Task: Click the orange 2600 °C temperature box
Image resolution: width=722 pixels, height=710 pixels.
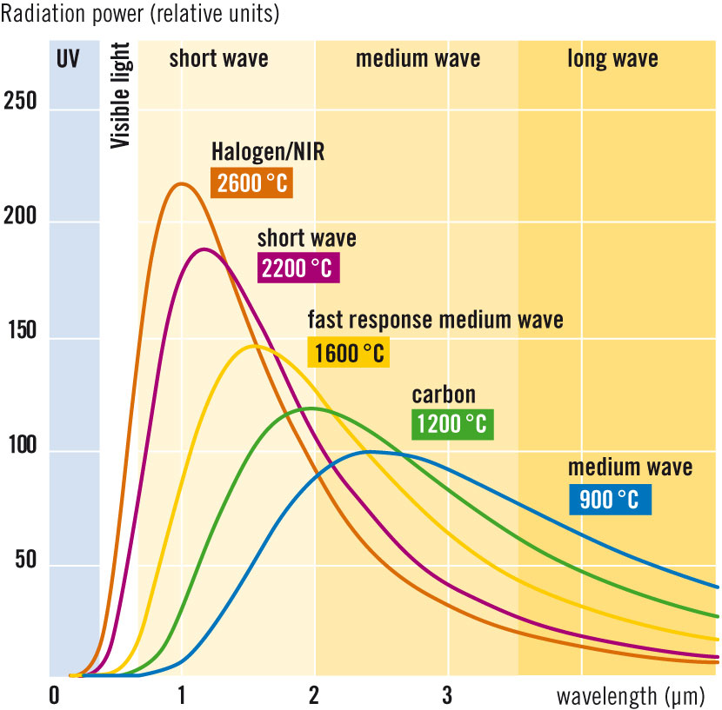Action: (252, 184)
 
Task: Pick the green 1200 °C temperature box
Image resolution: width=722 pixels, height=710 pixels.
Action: (451, 425)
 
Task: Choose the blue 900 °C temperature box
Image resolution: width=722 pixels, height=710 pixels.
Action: (609, 499)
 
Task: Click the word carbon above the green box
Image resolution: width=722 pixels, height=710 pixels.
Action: (444, 395)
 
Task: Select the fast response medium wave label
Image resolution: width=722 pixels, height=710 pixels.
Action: (435, 320)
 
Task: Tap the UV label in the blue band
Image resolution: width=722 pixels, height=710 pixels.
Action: (74, 60)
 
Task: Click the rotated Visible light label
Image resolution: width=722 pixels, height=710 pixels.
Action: (120, 95)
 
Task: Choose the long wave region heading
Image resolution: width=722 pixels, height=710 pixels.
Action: (612, 59)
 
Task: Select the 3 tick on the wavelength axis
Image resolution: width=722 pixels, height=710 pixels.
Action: (447, 696)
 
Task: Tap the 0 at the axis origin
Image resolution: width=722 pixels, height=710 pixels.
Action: (54, 696)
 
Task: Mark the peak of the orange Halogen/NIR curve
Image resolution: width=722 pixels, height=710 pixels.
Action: (181, 183)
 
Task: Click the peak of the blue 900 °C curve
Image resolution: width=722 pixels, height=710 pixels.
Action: (371, 451)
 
